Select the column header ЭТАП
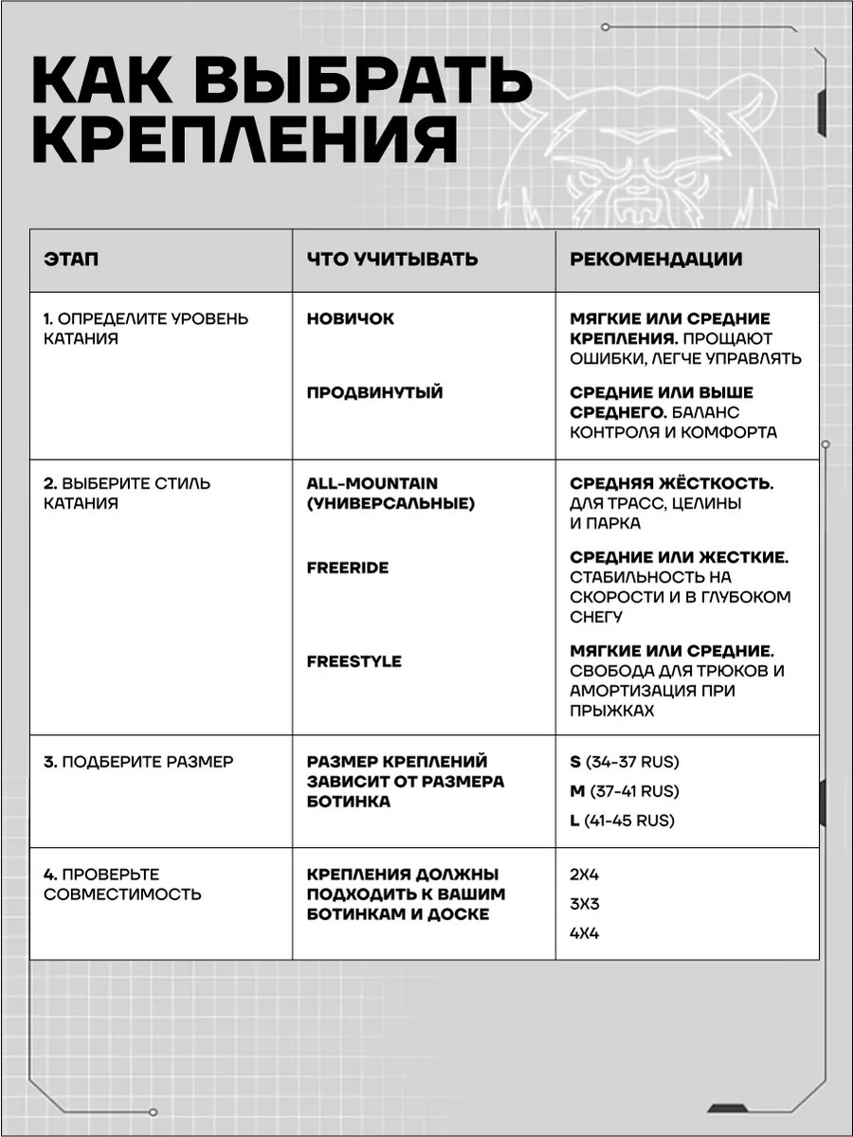(x=71, y=260)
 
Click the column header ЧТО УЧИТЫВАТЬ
(x=392, y=260)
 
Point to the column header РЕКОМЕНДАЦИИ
(x=656, y=260)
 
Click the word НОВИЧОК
(x=351, y=319)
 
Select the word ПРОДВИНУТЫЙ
(x=374, y=392)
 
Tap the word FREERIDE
(x=348, y=568)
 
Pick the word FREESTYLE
(x=354, y=661)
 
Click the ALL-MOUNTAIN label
(x=372, y=483)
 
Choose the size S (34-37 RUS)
(x=625, y=762)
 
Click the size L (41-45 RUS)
(x=623, y=821)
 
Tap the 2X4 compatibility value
(x=585, y=875)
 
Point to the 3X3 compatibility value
(x=585, y=904)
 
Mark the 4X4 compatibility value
(x=585, y=933)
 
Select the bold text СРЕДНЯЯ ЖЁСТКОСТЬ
(x=672, y=483)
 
